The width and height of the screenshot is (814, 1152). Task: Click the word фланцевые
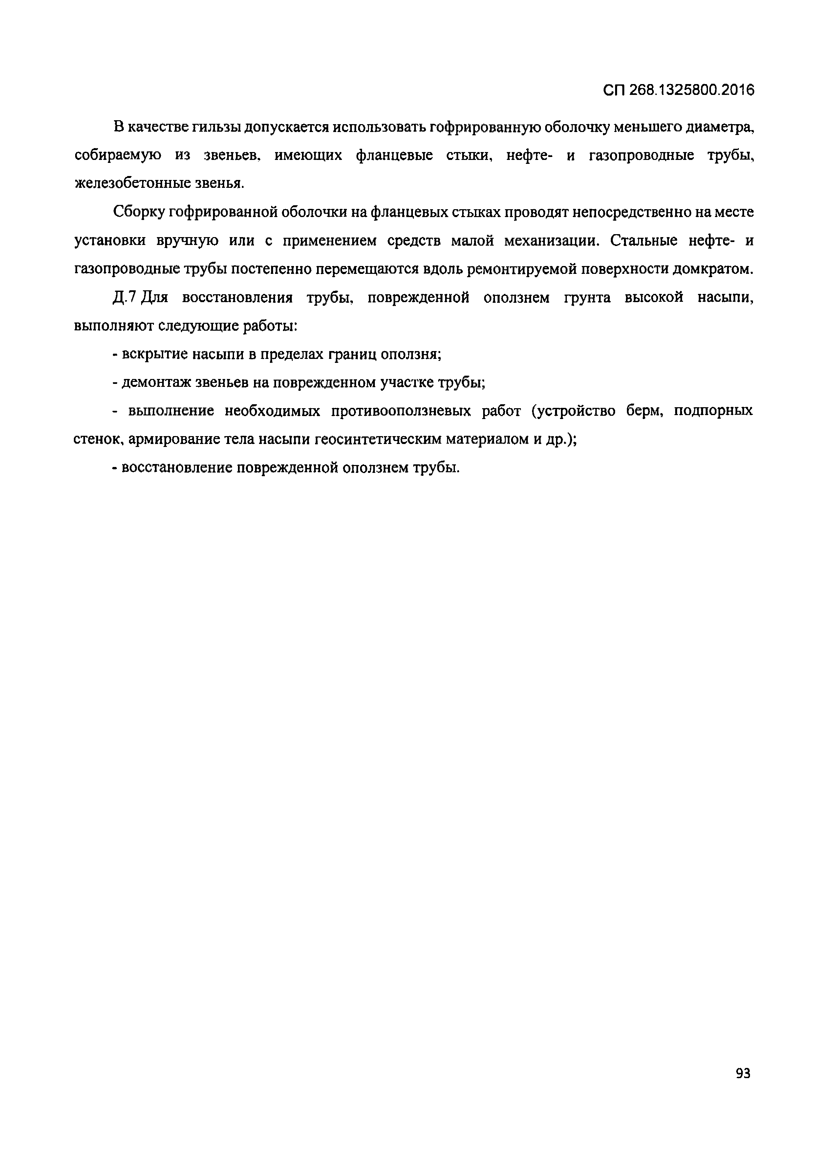click(x=394, y=156)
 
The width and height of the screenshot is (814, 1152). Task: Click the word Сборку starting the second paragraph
click(x=139, y=212)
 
